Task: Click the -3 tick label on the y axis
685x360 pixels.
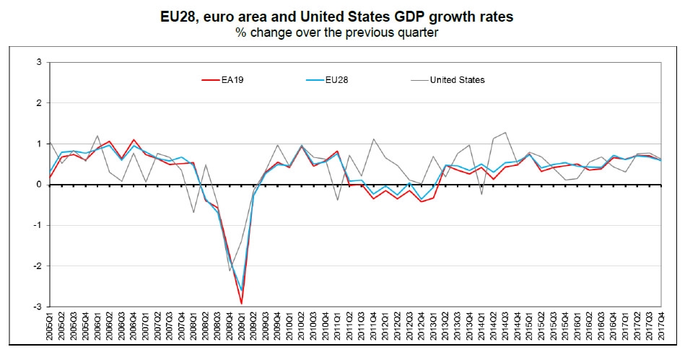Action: pos(38,307)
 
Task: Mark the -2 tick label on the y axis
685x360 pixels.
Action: pos(38,266)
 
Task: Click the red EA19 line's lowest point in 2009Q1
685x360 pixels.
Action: pos(242,304)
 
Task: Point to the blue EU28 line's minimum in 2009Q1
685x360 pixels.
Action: pos(242,290)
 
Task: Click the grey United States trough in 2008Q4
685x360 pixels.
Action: pos(230,271)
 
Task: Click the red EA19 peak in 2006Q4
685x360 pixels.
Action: pos(134,140)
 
